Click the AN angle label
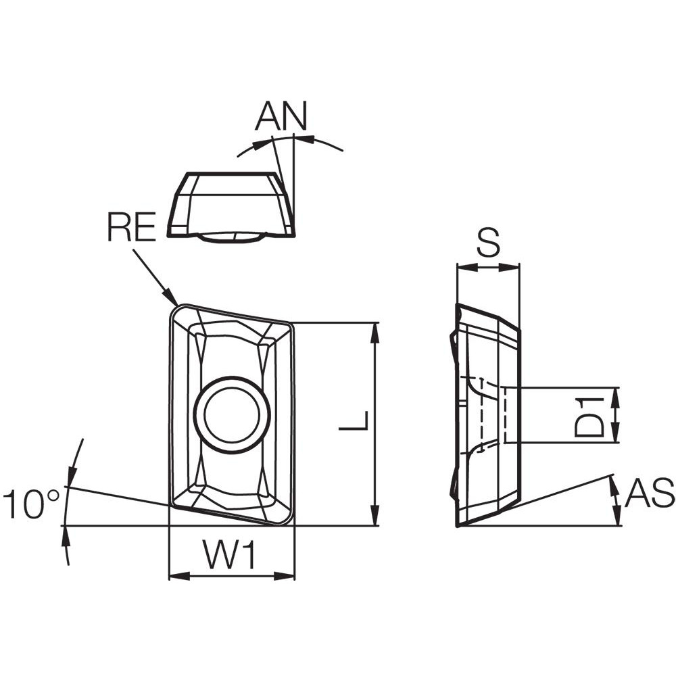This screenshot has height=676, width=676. (281, 116)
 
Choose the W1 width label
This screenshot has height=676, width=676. (231, 558)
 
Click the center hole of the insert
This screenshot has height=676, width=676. (232, 414)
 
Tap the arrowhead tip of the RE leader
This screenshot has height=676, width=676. (176, 304)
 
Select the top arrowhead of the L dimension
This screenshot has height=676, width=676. (376, 326)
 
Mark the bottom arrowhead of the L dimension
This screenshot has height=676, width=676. (376, 522)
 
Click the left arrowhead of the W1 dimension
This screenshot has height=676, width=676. (172, 577)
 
